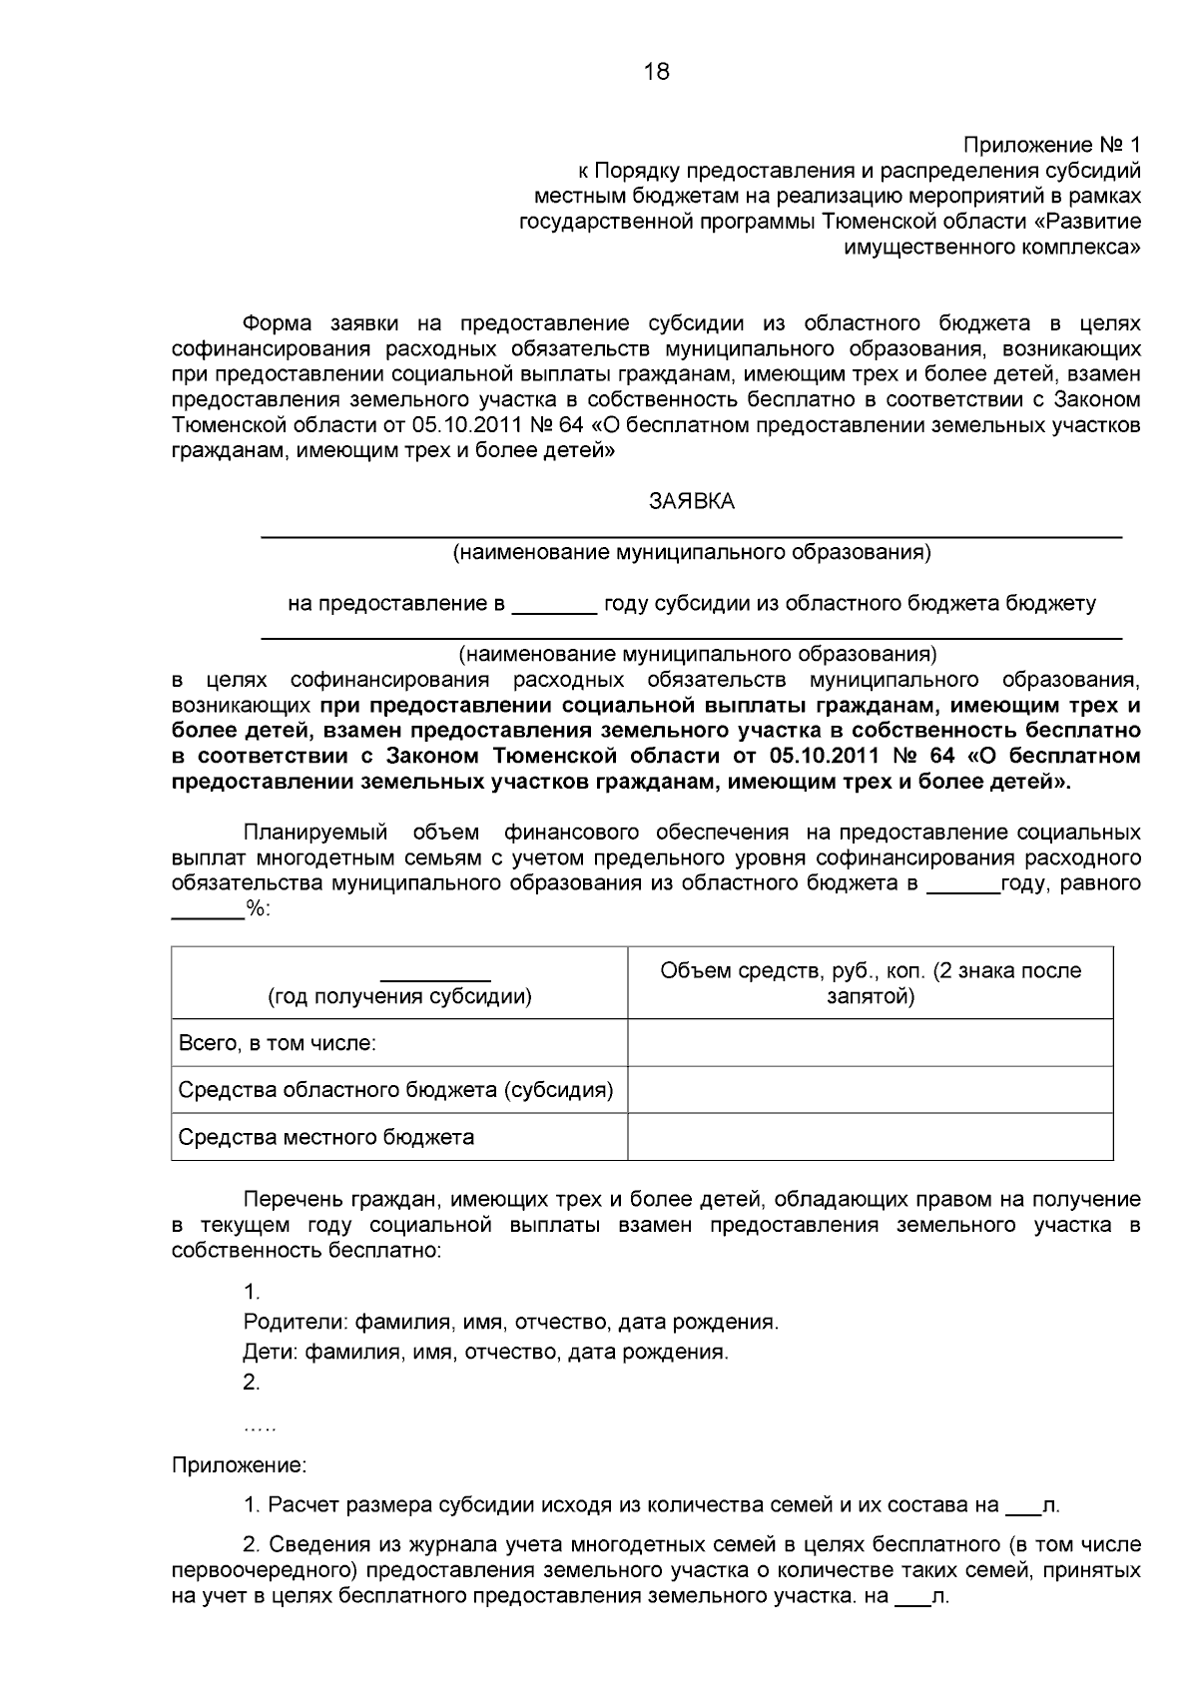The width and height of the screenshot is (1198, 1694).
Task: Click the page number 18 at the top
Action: point(657,72)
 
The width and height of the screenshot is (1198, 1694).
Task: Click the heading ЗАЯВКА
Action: point(692,502)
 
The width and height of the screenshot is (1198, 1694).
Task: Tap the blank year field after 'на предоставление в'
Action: point(553,605)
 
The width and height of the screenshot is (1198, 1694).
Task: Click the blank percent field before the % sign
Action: point(208,909)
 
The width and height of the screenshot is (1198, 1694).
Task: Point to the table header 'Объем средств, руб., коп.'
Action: point(871,971)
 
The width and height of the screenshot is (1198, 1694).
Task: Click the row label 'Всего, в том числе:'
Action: point(277,1043)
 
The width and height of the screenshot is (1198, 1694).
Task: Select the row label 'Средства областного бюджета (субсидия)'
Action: point(395,1090)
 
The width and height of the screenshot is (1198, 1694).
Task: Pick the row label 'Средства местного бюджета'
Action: point(325,1137)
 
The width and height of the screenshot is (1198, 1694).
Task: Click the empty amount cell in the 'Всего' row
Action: point(871,1043)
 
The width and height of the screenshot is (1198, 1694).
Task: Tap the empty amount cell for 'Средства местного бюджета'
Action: point(871,1137)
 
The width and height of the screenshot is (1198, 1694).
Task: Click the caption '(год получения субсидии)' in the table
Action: point(399,996)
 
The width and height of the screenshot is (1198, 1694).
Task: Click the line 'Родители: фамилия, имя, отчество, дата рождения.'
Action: point(510,1323)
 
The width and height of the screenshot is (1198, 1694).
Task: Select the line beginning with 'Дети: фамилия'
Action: point(485,1353)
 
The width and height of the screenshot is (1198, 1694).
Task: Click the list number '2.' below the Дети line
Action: point(252,1383)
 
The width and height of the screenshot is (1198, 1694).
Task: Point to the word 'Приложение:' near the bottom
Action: point(239,1466)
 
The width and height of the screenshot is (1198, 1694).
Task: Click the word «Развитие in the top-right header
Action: point(1095,221)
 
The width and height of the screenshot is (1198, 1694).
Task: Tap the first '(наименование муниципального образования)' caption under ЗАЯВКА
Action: point(692,552)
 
